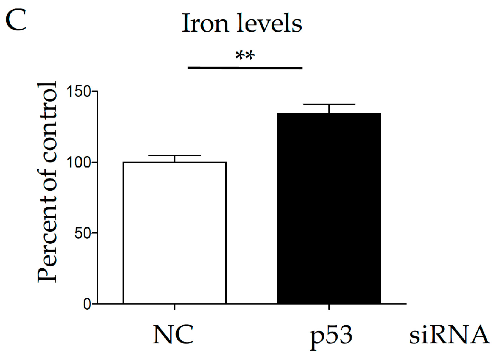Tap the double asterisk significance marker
pos(245,57)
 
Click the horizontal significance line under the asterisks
pos(245,67)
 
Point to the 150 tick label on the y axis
pos(76,91)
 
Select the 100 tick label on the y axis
pos(76,162)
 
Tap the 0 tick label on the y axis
pos(86,304)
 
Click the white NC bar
pos(175,233)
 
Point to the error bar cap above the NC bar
pos(175,156)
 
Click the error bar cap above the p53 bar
pos(329,104)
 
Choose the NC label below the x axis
pos(173,336)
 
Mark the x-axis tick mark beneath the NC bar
pos(175,307)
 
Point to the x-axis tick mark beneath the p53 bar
pos(329,307)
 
